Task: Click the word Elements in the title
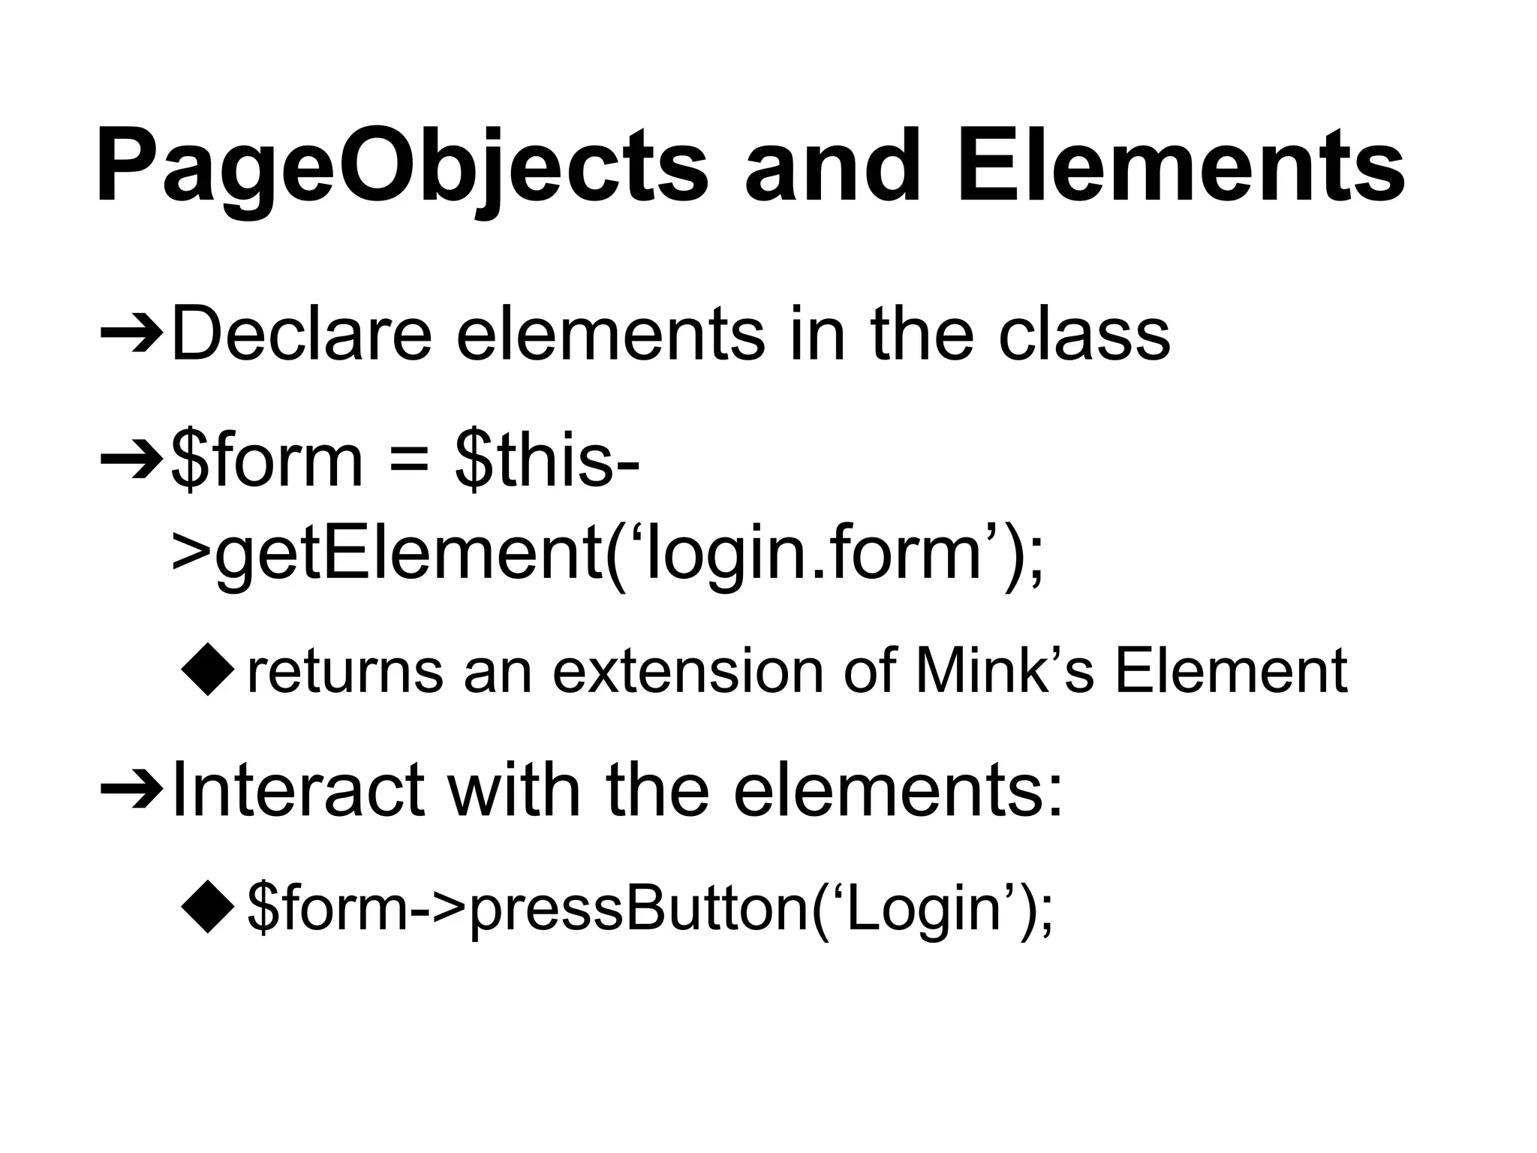tap(1180, 167)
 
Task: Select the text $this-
tap(547, 459)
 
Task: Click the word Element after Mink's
tap(1231, 670)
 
